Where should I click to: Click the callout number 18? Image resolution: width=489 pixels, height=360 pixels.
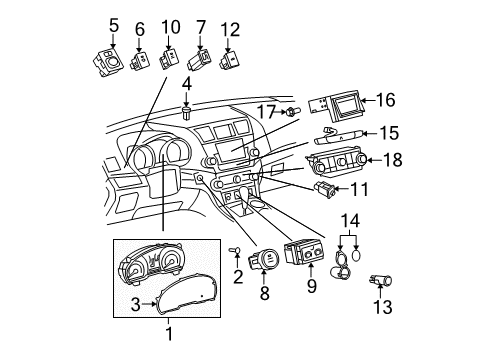395,160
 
